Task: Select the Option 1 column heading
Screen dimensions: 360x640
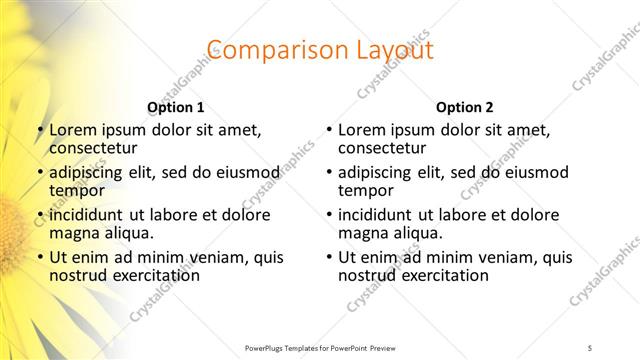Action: [x=175, y=107]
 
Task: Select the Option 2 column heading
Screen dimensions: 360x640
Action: [x=464, y=107]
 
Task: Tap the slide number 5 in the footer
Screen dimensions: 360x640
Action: [x=591, y=346]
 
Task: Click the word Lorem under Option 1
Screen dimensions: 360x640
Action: [x=72, y=130]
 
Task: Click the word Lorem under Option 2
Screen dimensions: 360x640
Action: [x=361, y=130]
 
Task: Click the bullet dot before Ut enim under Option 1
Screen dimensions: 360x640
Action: [x=39, y=258]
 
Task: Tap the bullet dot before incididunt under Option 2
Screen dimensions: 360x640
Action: [x=328, y=216]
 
